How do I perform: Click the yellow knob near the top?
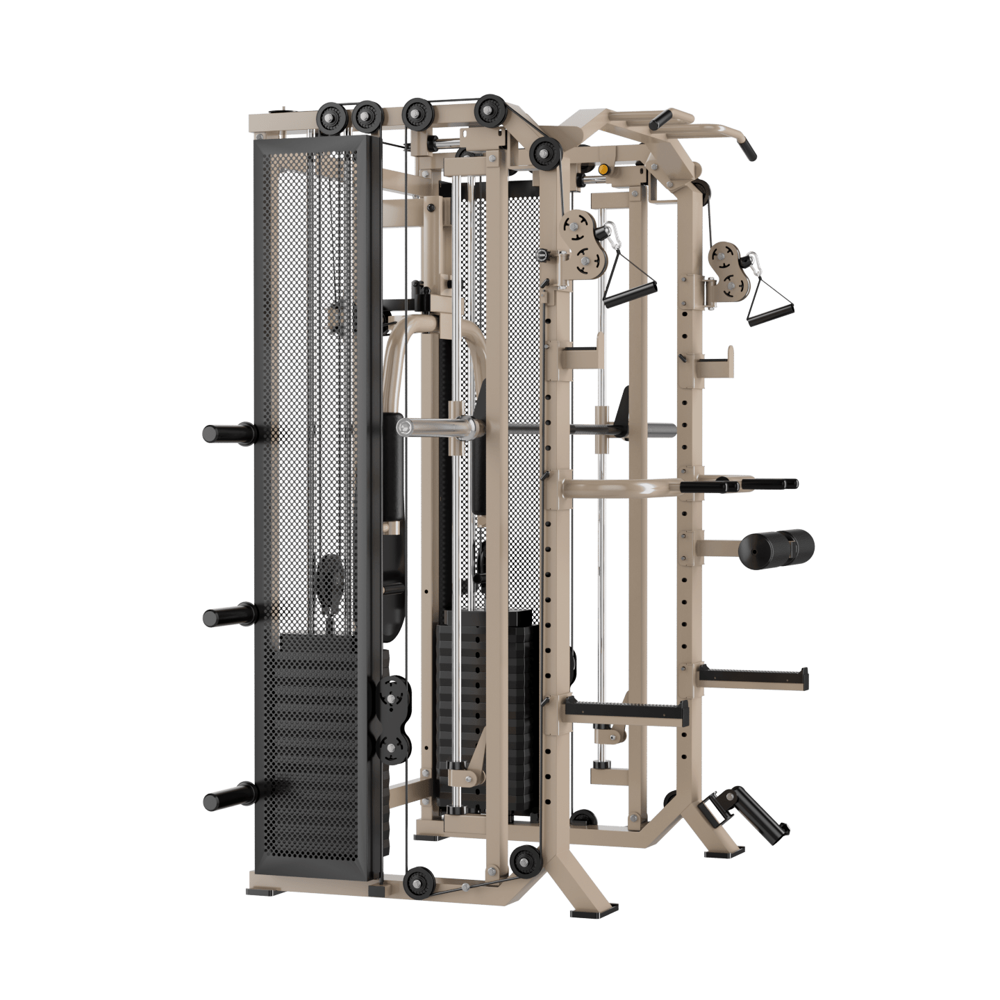[x=603, y=169]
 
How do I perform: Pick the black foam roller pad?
[x=776, y=547]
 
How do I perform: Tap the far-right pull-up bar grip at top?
[x=746, y=149]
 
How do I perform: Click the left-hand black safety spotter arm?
[x=625, y=710]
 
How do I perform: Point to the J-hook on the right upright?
[x=715, y=361]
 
